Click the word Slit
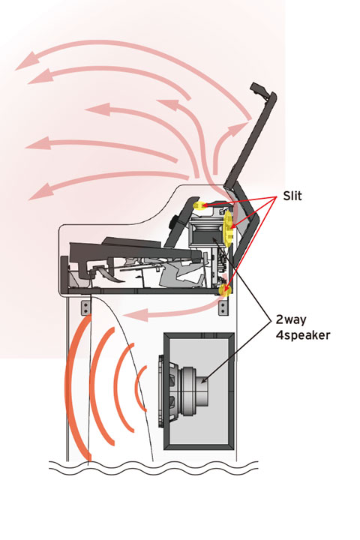pos(292,196)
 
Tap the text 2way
pos(291,320)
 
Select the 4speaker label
pos(303,334)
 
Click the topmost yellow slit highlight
pos(199,205)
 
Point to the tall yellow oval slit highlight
pos(228,228)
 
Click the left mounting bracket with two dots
pos(85,307)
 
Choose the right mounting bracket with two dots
pos(223,307)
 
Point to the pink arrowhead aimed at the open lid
pos(239,127)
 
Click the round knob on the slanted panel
pos(174,222)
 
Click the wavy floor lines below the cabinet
pos(153,468)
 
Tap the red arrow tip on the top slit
pos(203,205)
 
